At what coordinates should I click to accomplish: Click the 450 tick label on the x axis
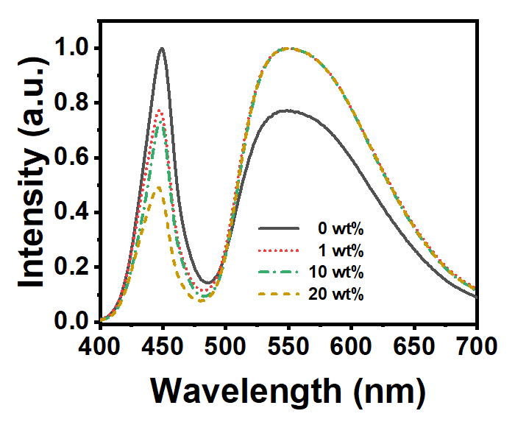click(162, 347)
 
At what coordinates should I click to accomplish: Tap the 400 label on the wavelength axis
click(99, 347)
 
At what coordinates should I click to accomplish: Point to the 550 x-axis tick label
click(288, 347)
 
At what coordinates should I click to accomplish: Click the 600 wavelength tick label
click(351, 347)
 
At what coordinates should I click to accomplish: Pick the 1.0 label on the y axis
click(73, 49)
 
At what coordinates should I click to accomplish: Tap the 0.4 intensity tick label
click(73, 213)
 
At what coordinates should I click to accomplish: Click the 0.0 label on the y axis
click(73, 321)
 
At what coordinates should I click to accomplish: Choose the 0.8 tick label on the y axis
click(73, 103)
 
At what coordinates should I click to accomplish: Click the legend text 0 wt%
click(341, 229)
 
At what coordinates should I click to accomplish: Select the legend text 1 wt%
click(341, 250)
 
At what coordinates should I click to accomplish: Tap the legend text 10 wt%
click(336, 272)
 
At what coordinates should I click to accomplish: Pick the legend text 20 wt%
click(336, 294)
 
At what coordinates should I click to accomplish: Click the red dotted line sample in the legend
click(279, 250)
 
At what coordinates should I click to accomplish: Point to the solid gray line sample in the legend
click(279, 228)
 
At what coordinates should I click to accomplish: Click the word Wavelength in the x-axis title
click(246, 392)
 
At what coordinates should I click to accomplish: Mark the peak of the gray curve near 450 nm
click(162, 49)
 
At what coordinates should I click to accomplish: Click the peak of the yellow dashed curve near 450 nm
click(159, 187)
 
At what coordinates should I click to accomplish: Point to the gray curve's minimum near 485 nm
click(207, 283)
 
